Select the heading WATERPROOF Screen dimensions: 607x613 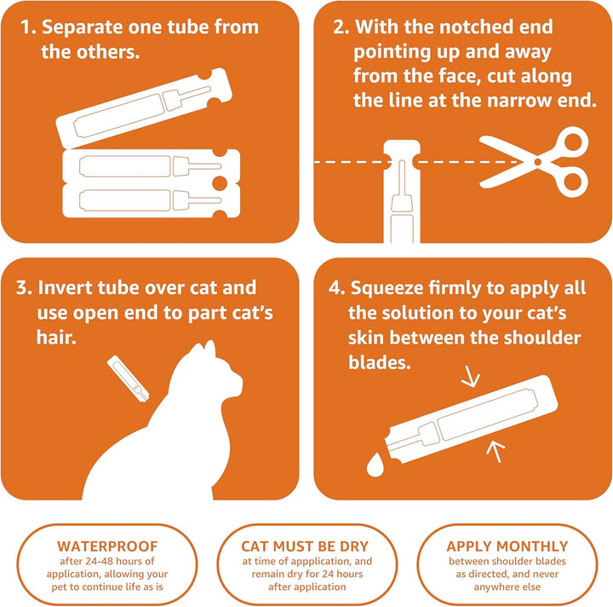coord(106,546)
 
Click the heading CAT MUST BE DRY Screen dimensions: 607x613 coord(305,546)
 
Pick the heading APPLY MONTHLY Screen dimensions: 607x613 coord(507,546)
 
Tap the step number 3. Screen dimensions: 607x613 coord(24,289)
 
